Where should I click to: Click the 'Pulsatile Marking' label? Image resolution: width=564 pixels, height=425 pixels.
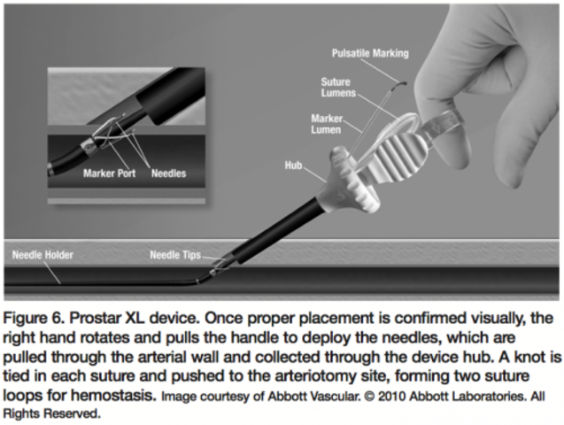[369, 53]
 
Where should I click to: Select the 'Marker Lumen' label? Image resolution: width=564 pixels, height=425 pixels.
[327, 124]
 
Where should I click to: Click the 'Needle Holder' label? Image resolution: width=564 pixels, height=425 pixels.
[42, 255]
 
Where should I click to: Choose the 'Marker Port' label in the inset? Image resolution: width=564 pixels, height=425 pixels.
[109, 174]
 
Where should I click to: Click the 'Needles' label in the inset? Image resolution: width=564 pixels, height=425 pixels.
[168, 174]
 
